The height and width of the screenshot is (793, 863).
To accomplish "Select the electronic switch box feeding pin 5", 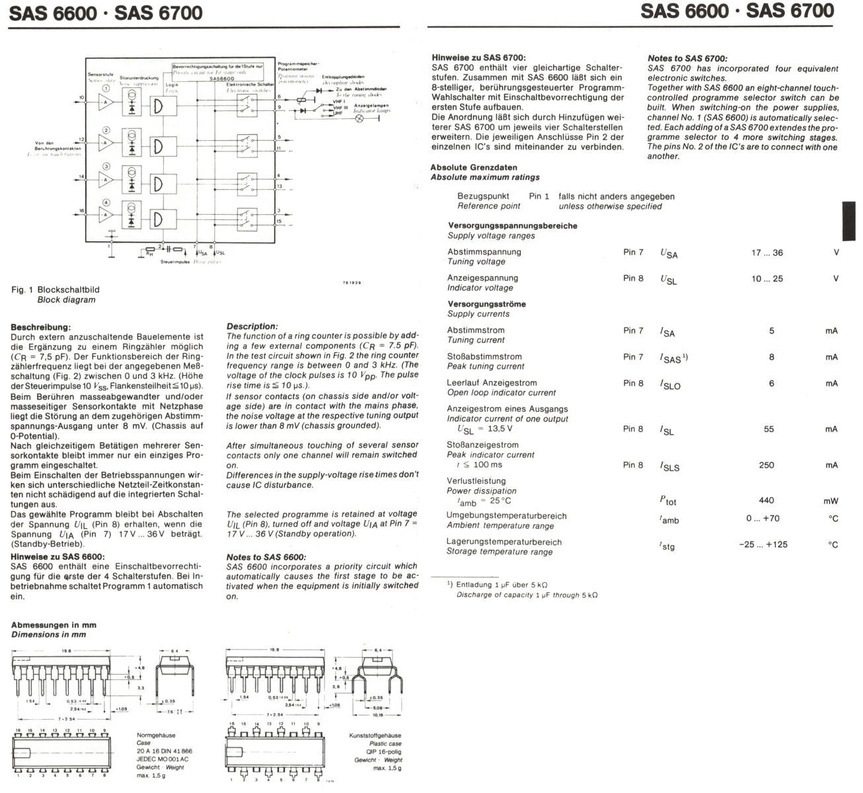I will pyautogui.click(x=248, y=143).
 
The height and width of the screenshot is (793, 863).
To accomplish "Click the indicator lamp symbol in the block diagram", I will pyautogui.click(x=359, y=118).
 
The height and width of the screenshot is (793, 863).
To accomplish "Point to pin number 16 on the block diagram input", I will pyautogui.click(x=82, y=211).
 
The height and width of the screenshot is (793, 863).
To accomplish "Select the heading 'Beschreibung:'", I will pyautogui.click(x=41, y=327).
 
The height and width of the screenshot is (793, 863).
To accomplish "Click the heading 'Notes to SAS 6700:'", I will pyautogui.click(x=687, y=59).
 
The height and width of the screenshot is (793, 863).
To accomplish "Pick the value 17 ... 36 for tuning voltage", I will pyautogui.click(x=767, y=253).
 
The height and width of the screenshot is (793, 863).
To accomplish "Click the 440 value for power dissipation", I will pyautogui.click(x=767, y=500).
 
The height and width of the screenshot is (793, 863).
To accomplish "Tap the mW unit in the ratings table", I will pyautogui.click(x=831, y=501).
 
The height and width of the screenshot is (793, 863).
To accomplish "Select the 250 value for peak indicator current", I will pyautogui.click(x=767, y=465).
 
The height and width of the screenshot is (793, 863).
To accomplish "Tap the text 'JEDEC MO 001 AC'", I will pyautogui.click(x=163, y=759).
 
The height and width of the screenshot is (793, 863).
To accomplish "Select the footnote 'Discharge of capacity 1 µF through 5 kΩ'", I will pyautogui.click(x=527, y=595).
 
